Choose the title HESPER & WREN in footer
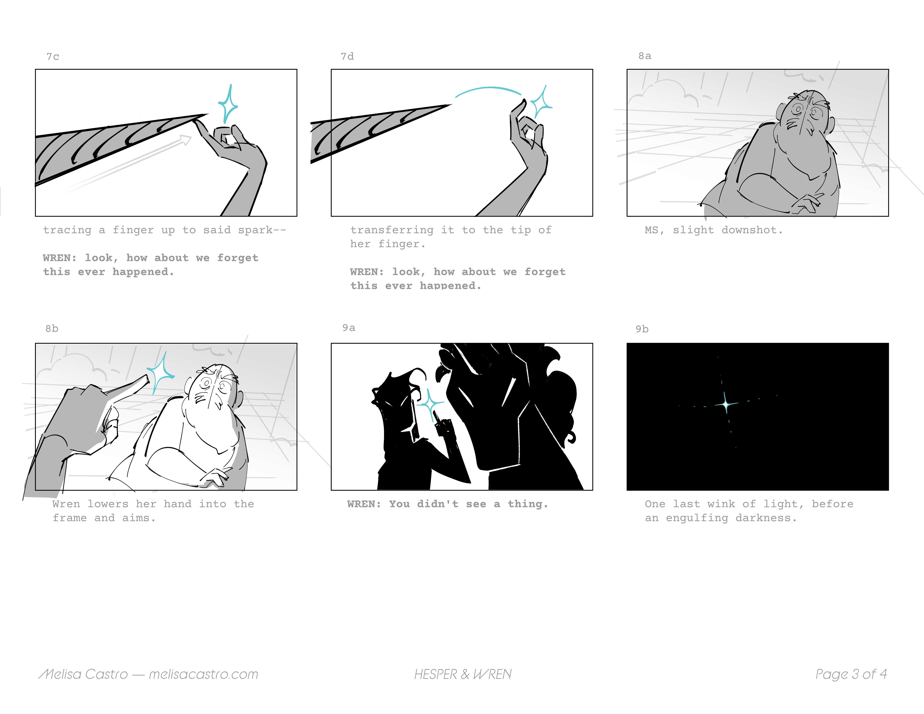[463, 674]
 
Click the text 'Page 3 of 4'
[851, 674]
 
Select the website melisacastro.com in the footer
[204, 674]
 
